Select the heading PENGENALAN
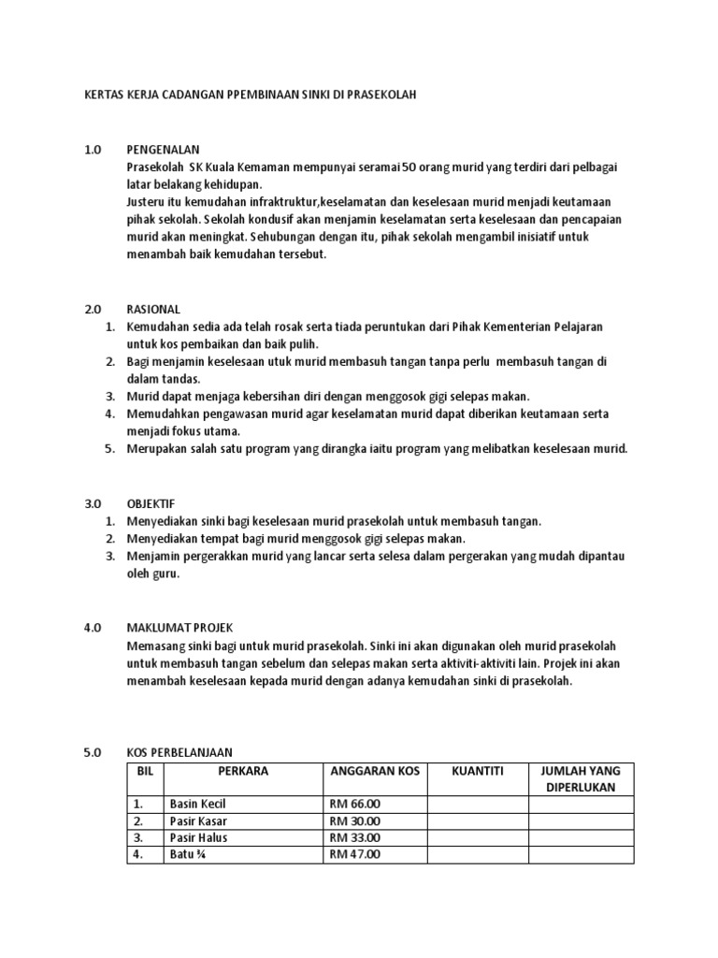pyautogui.click(x=164, y=150)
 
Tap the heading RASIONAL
pyautogui.click(x=154, y=310)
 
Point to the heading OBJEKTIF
pyautogui.click(x=151, y=503)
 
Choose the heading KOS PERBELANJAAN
pyautogui.click(x=179, y=752)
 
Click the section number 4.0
pyautogui.click(x=92, y=629)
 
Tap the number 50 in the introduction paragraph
pyautogui.click(x=409, y=167)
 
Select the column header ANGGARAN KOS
pyautogui.click(x=375, y=771)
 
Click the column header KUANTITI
pyautogui.click(x=477, y=771)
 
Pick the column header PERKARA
pyautogui.click(x=242, y=771)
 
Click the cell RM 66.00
pyautogui.click(x=355, y=804)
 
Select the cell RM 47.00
pyautogui.click(x=355, y=854)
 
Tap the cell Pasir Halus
pyautogui.click(x=198, y=837)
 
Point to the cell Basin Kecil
pyautogui.click(x=197, y=804)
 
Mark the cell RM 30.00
pyautogui.click(x=355, y=820)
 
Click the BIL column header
pyautogui.click(x=144, y=771)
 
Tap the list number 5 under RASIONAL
pyautogui.click(x=109, y=449)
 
